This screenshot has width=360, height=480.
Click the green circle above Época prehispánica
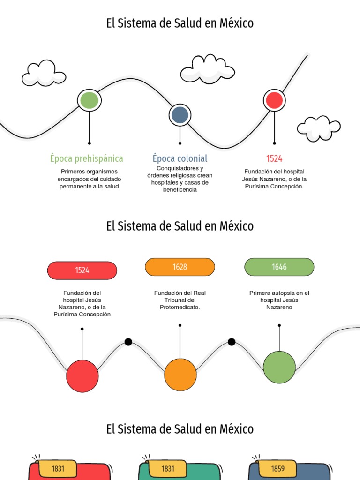click(x=89, y=100)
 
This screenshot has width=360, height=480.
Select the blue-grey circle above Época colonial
click(x=180, y=115)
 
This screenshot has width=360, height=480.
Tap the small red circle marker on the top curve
click(x=274, y=100)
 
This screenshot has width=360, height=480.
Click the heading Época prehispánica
click(x=87, y=158)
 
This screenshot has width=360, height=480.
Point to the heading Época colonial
click(x=180, y=158)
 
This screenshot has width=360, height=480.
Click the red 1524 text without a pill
click(x=274, y=158)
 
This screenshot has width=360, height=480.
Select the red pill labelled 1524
click(x=82, y=270)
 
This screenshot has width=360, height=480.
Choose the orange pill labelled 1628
click(x=180, y=267)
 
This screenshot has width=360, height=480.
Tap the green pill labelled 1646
click(x=279, y=267)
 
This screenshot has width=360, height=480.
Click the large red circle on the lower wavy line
click(x=82, y=376)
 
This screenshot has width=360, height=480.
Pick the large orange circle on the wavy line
click(x=180, y=375)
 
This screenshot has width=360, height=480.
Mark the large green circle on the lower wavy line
click(x=279, y=367)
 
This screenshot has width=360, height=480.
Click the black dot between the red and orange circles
click(x=128, y=342)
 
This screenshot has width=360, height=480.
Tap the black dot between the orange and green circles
click(x=232, y=342)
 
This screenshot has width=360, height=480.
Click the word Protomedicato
click(x=180, y=307)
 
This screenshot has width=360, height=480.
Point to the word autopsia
click(x=282, y=293)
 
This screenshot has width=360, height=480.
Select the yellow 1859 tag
click(x=277, y=468)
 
